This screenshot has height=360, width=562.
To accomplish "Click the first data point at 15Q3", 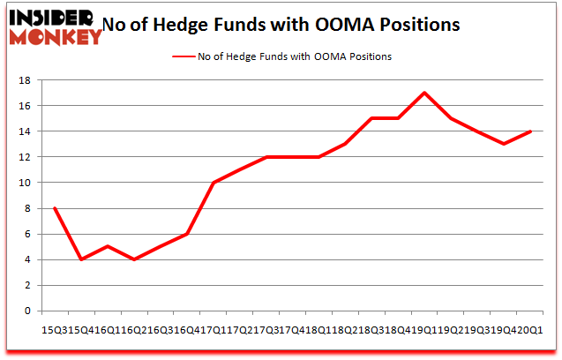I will (x=55, y=208).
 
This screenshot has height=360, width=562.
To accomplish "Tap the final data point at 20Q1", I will (x=529, y=131).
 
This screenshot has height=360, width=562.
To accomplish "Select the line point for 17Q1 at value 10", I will (x=214, y=183).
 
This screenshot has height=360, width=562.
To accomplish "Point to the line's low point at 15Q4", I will (x=81, y=259).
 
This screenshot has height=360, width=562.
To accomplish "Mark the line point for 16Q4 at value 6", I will (x=187, y=234).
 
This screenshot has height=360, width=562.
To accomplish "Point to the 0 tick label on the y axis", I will (x=28, y=311).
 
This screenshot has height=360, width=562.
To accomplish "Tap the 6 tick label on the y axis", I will (x=28, y=234).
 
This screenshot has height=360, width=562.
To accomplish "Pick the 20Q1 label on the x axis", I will (x=529, y=328).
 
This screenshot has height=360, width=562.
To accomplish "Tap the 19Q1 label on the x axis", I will (x=423, y=328).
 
